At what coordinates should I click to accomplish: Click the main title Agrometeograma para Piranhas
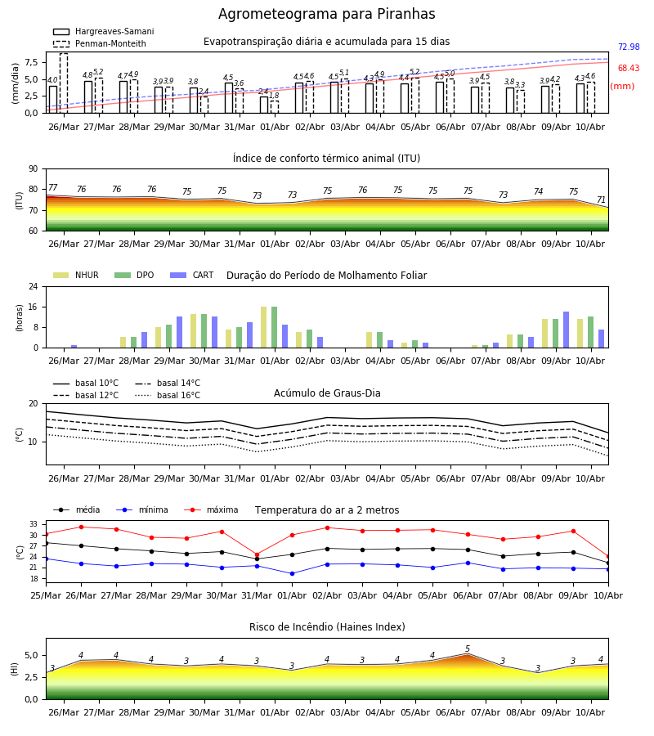coord(326,14)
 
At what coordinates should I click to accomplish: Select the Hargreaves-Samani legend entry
coord(104,31)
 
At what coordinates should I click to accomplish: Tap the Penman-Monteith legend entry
coord(100,43)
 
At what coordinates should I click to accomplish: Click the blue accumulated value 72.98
coord(629,47)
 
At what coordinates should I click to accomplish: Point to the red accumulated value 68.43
coord(629,68)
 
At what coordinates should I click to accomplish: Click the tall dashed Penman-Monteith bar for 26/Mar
coord(64,83)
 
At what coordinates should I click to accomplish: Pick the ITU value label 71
coord(601,200)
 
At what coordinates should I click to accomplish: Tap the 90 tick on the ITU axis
coord(34,169)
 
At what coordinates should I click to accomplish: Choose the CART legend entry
coord(192,275)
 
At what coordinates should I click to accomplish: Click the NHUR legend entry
coord(76,275)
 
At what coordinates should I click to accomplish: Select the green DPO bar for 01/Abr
coord(275,327)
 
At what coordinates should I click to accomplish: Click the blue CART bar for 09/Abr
coord(567,330)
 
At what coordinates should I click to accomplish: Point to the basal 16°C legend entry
coord(168,395)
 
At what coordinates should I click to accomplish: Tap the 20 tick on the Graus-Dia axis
coord(34,404)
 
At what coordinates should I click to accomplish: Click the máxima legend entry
coord(212,509)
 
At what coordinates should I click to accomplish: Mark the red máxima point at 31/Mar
coord(257,554)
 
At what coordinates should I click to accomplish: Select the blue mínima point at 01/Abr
coord(293,573)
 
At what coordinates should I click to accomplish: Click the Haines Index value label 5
coord(468,648)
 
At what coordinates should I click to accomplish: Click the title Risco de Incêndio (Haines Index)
coord(327,627)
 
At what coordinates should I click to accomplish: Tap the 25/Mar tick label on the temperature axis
coord(46,595)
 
